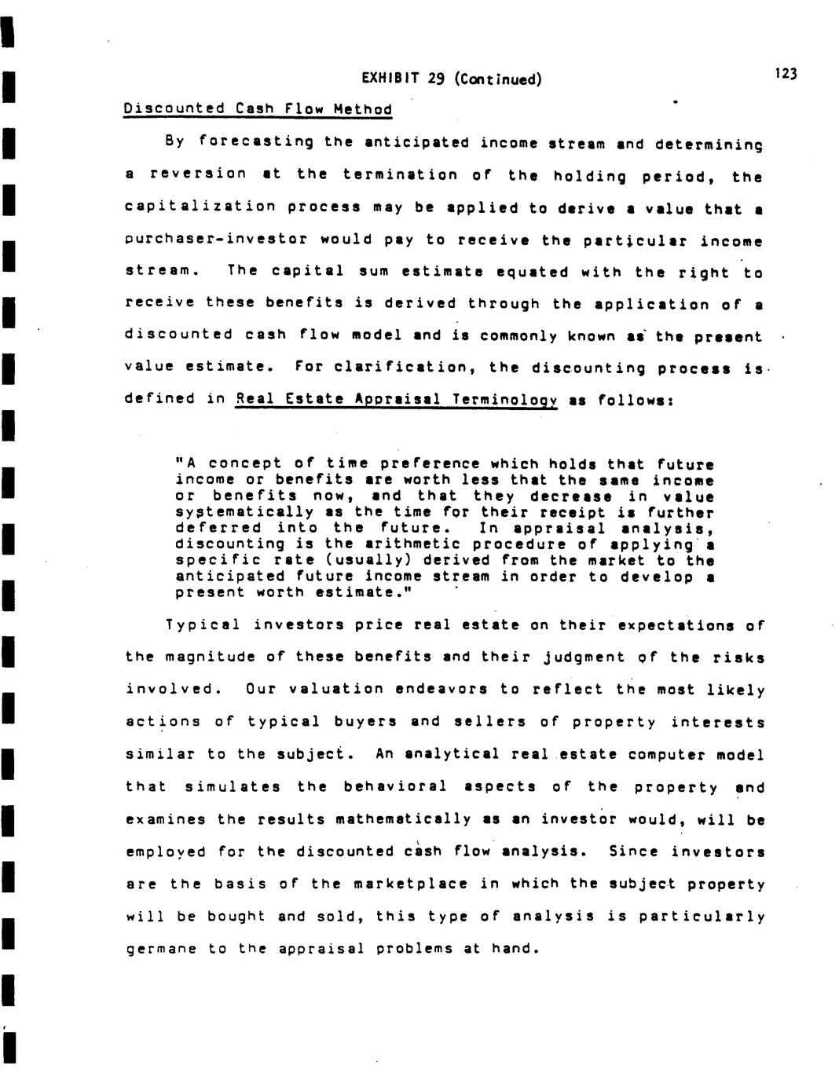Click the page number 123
tap(785, 74)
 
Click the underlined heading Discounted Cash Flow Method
tap(258, 108)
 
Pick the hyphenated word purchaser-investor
tap(217, 240)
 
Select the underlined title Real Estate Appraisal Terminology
tap(396, 399)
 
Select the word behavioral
tap(395, 786)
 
